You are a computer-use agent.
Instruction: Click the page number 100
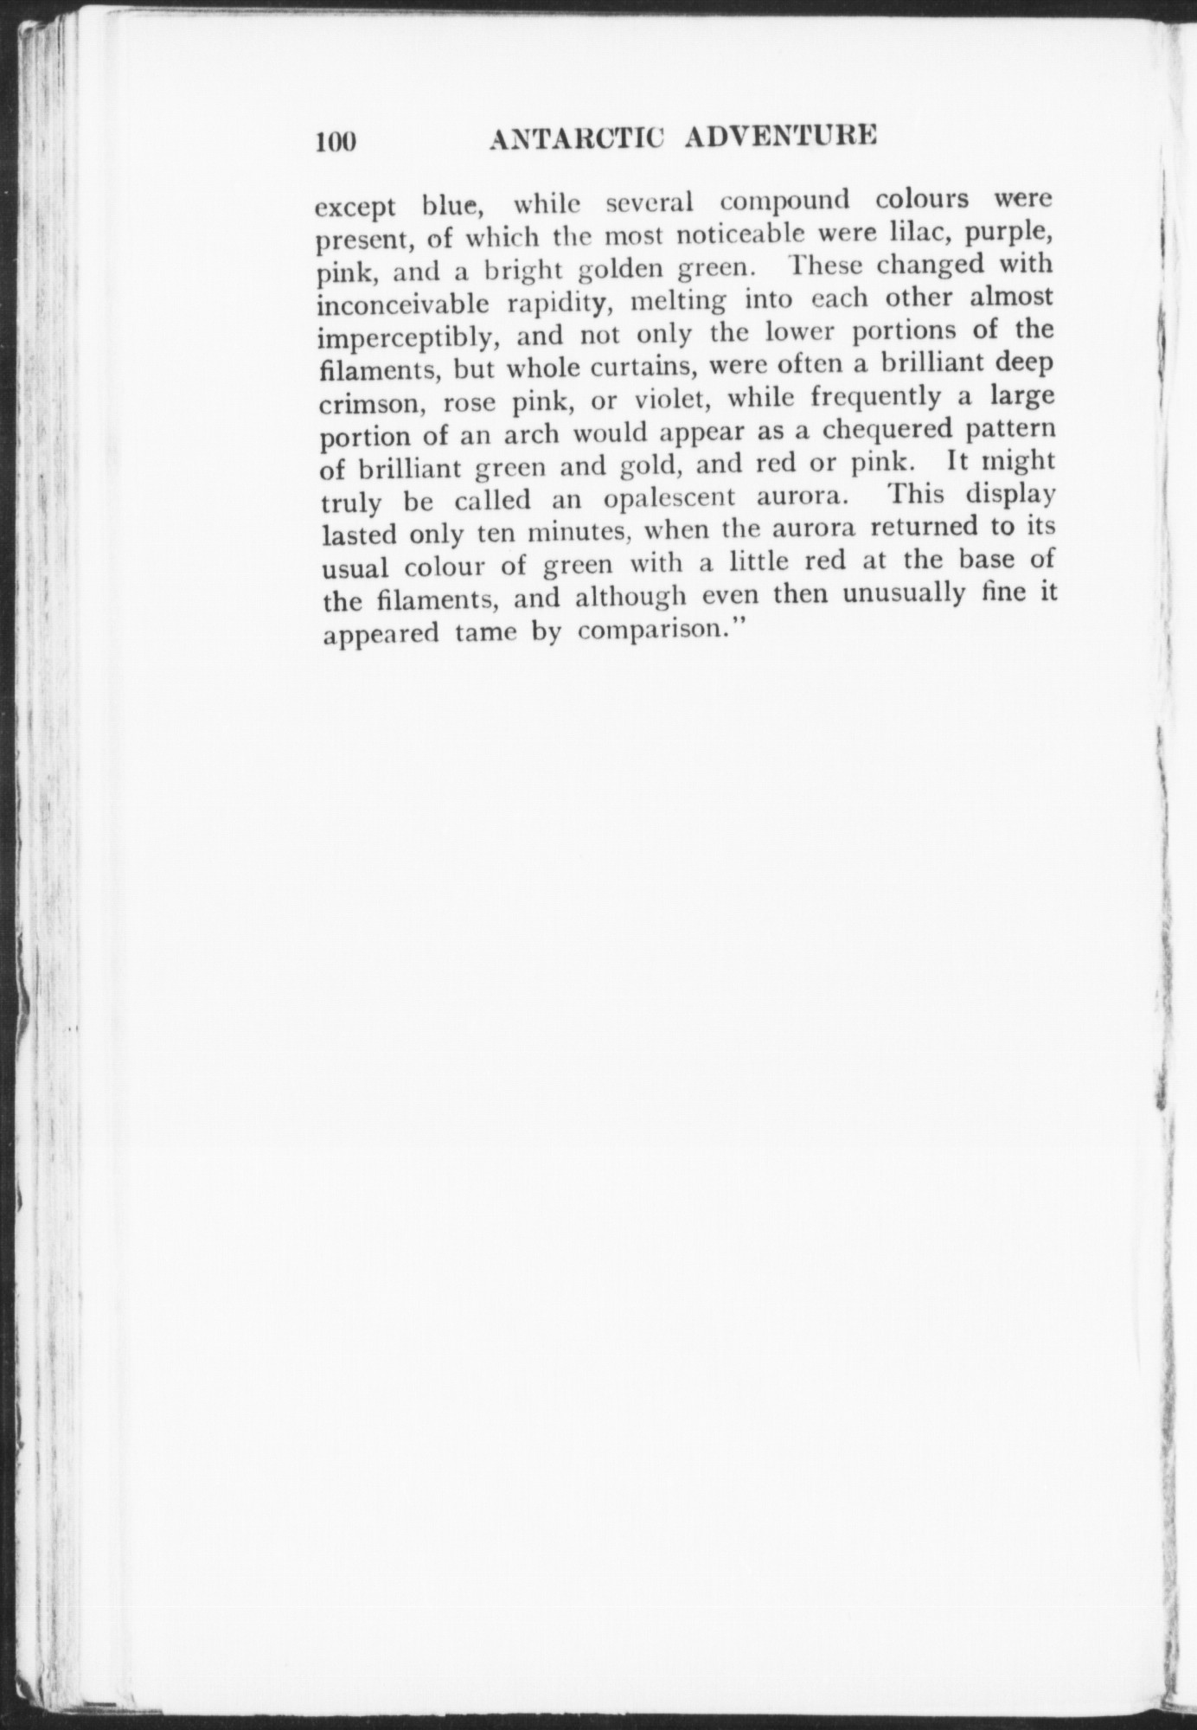click(x=336, y=141)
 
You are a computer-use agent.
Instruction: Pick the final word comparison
click(x=662, y=630)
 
